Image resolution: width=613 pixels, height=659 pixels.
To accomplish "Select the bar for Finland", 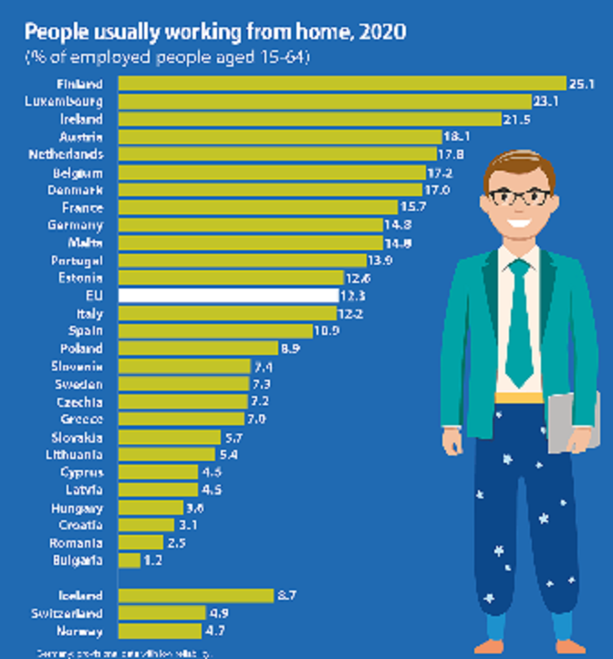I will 342,84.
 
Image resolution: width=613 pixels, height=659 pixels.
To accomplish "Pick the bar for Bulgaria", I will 130,560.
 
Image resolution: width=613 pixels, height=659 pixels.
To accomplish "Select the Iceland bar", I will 196,595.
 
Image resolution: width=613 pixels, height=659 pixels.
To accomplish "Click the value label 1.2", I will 152,560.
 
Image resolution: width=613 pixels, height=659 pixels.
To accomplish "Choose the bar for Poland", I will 198,348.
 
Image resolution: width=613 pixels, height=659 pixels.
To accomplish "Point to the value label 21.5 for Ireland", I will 516,119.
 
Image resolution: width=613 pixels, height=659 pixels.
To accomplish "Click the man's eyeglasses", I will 519,196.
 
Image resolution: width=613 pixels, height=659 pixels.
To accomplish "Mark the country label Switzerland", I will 67,613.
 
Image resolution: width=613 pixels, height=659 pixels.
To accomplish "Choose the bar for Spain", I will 216,330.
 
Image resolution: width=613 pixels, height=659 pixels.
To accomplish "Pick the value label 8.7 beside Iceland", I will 287,595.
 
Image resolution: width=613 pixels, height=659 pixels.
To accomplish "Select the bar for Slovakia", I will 170,436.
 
